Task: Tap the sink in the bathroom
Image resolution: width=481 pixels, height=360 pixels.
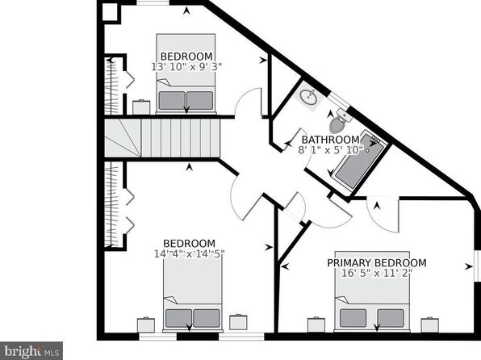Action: (x=308, y=97)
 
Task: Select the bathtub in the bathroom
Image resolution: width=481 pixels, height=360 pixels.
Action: (x=358, y=162)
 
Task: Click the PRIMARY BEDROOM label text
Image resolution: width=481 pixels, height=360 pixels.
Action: (x=377, y=263)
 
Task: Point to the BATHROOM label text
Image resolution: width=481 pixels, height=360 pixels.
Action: (x=330, y=140)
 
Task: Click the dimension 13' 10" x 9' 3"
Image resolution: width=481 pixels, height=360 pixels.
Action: (x=186, y=67)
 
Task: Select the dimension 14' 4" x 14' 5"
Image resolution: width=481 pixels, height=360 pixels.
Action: (x=190, y=253)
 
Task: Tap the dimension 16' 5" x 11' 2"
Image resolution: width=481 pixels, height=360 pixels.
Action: (x=376, y=273)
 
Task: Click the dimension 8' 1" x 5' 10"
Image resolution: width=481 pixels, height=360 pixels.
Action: (x=331, y=150)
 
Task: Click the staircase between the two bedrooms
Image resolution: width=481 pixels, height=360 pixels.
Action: (x=162, y=138)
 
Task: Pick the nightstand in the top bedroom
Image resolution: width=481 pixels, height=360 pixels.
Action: (x=141, y=107)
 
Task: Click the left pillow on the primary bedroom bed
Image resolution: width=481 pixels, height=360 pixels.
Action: (x=353, y=318)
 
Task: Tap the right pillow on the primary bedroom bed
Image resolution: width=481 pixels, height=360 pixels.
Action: (x=390, y=318)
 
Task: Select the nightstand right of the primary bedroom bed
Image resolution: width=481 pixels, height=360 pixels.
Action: (x=430, y=325)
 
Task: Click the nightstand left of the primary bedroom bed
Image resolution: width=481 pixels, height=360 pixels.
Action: (x=316, y=325)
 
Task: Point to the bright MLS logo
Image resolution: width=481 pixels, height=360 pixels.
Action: (x=31, y=351)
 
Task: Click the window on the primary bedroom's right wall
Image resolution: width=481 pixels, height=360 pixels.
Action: (x=477, y=266)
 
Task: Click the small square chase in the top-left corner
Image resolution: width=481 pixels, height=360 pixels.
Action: (x=110, y=13)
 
